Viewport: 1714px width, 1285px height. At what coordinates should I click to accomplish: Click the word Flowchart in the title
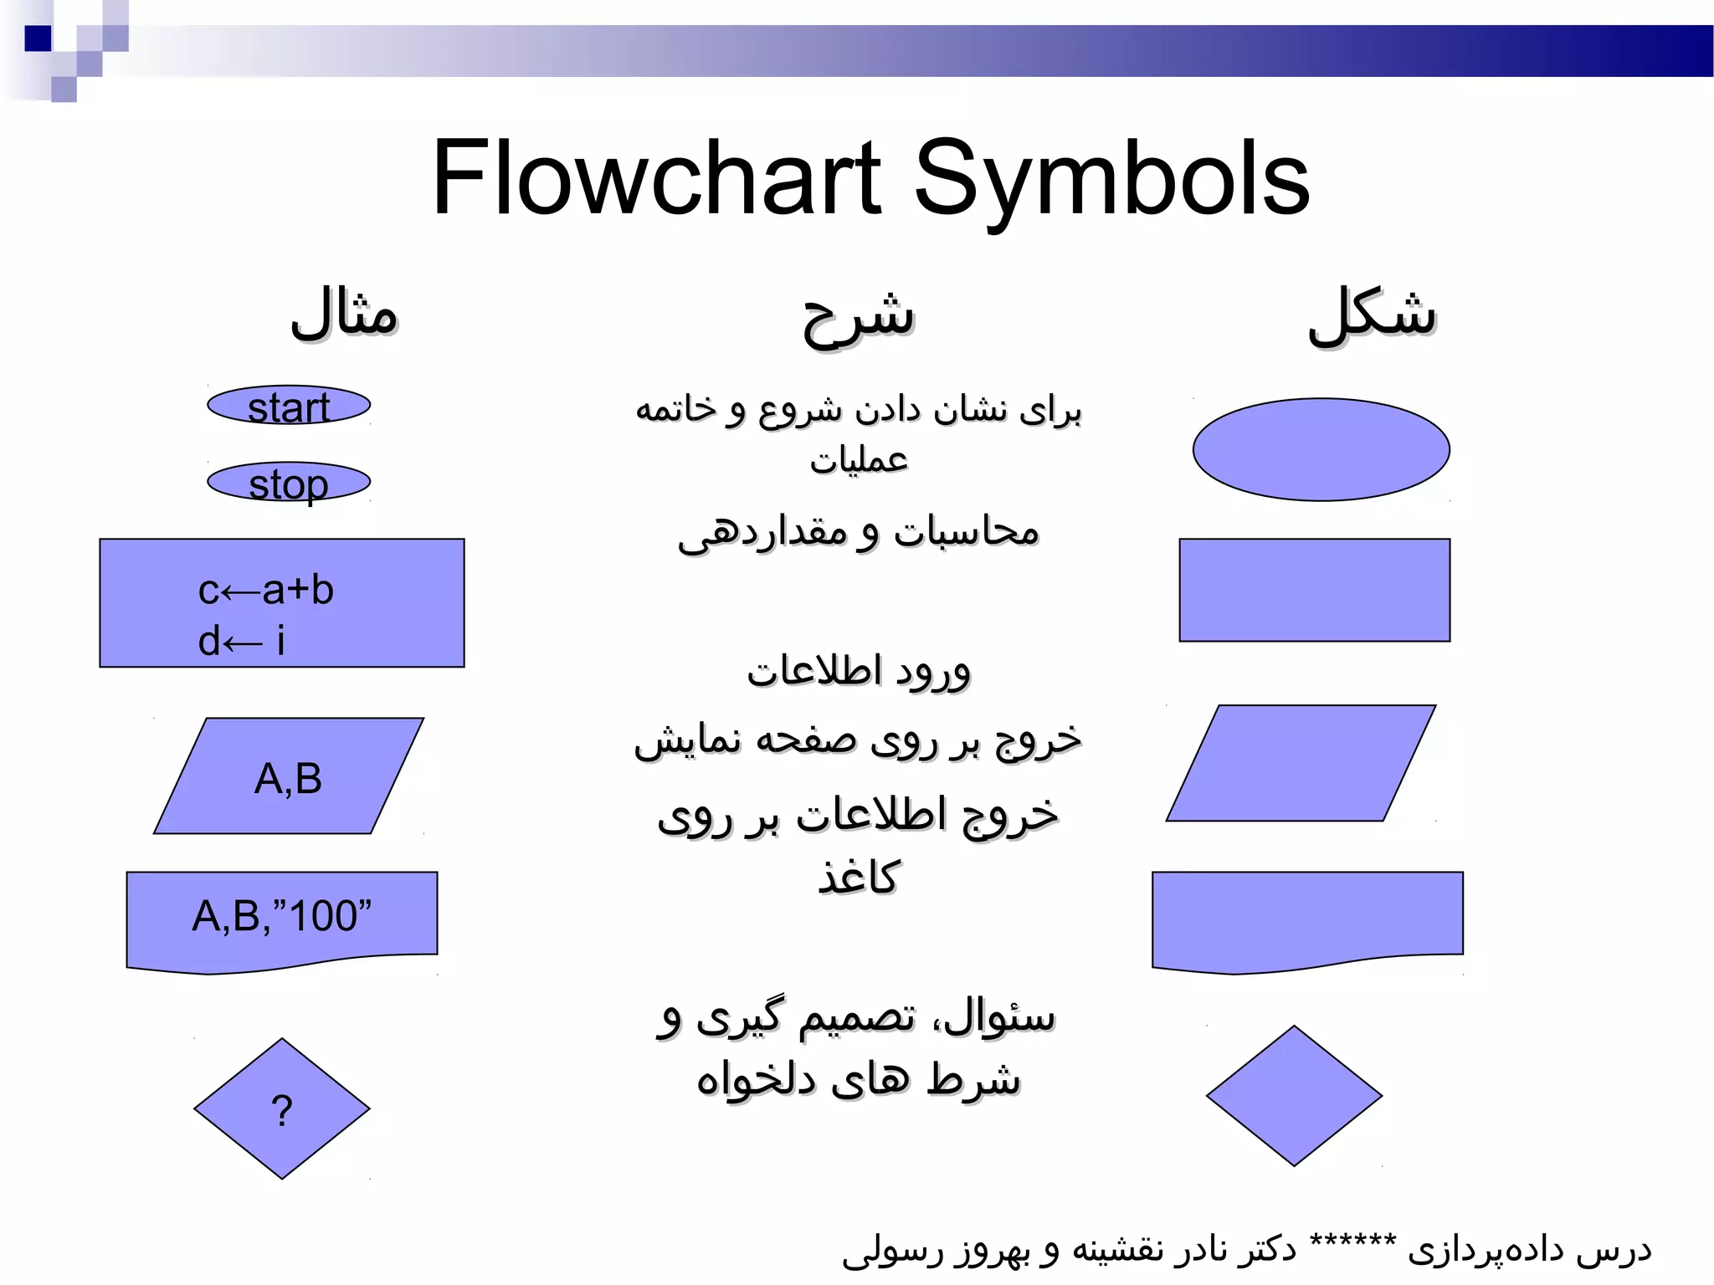(656, 178)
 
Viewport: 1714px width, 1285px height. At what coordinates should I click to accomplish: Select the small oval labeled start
(289, 406)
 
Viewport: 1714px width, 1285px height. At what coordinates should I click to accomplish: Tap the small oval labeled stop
(289, 483)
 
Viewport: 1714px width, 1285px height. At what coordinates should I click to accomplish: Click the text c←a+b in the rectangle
(266, 591)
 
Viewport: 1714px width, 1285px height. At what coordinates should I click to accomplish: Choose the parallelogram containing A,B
(289, 777)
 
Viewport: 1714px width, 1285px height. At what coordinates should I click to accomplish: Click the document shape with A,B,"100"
(282, 916)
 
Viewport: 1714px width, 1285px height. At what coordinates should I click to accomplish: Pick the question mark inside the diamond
(282, 1111)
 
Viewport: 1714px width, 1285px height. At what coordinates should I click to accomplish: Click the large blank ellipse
(1321, 449)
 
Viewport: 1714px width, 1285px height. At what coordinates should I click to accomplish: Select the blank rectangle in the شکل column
(1314, 590)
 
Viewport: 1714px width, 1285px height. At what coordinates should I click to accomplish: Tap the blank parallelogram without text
(1301, 763)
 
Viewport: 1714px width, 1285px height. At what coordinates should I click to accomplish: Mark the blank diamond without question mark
(1294, 1095)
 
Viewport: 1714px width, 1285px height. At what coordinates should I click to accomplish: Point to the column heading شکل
(1373, 314)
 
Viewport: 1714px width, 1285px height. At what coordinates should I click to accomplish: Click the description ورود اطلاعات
(859, 672)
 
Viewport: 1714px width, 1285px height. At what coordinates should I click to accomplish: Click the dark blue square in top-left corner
(38, 38)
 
